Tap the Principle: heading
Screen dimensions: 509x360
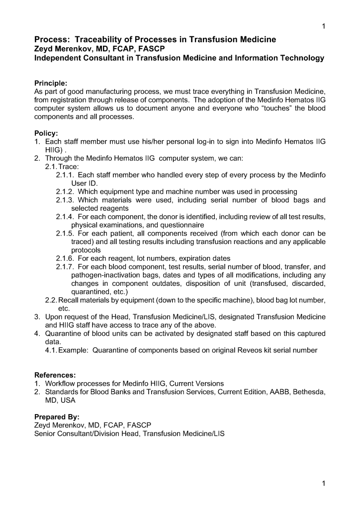[x=51, y=83]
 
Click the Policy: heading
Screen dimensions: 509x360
[x=46, y=133]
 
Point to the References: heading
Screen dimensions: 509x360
[x=55, y=375]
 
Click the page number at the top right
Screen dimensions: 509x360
[x=324, y=26]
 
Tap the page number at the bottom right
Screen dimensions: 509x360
[x=324, y=483]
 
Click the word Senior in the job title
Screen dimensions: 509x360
[x=45, y=433]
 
